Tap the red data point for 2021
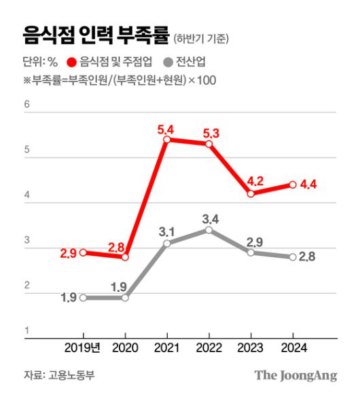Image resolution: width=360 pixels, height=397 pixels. pos(166,140)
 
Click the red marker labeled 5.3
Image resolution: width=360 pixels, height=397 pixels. pos(209,144)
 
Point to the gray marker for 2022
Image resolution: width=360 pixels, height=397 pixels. pos(209,230)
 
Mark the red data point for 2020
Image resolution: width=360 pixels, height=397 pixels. pos(125,257)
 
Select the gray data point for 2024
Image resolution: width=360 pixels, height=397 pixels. pos(293,257)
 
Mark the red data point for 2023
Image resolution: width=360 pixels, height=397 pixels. pos(251,193)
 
